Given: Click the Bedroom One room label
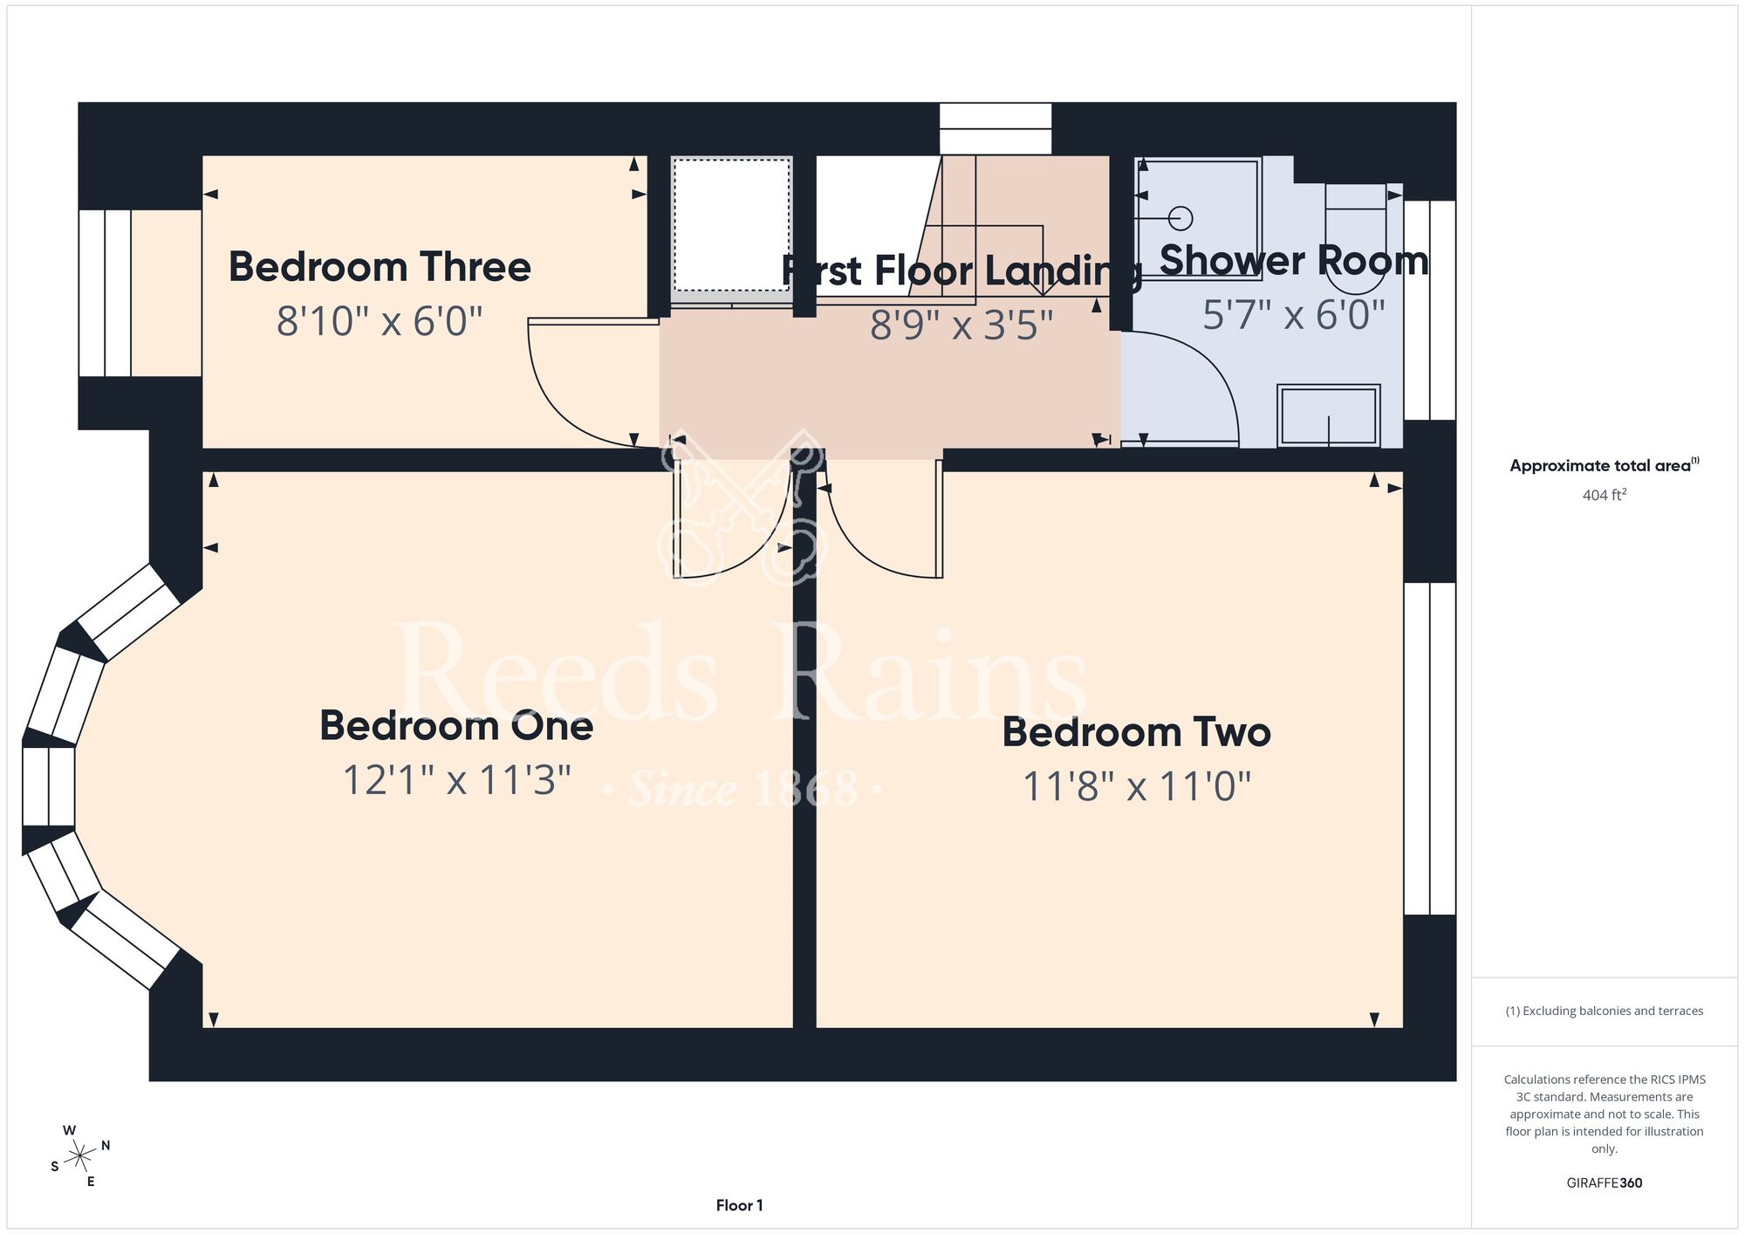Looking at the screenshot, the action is coord(456,726).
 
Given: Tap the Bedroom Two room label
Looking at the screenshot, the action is coord(1136,732).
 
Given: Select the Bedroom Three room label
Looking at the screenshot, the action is coord(380,267).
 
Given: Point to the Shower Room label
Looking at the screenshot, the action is coord(1294,260).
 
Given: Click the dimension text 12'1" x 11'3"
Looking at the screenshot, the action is coord(456,780).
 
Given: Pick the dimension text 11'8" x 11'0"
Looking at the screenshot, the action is coord(1136,786).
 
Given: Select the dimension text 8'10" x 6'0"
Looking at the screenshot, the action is coord(380,321).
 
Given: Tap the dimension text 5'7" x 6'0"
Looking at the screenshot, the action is coord(1294,314).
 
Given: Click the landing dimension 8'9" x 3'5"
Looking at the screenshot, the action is coord(961,325).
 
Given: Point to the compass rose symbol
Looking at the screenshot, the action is coord(80,1156).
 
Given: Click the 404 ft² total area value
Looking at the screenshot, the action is coord(1605,495).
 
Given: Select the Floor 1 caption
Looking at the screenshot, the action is coord(739,1205).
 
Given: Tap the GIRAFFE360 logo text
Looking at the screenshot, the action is coord(1605,1183).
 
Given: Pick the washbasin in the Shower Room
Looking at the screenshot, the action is coord(1328,416).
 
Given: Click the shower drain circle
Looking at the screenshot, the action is coord(1180,217).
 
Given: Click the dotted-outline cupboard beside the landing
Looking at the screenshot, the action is coord(731,225).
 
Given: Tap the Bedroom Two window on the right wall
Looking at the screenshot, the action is coord(1430,749).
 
